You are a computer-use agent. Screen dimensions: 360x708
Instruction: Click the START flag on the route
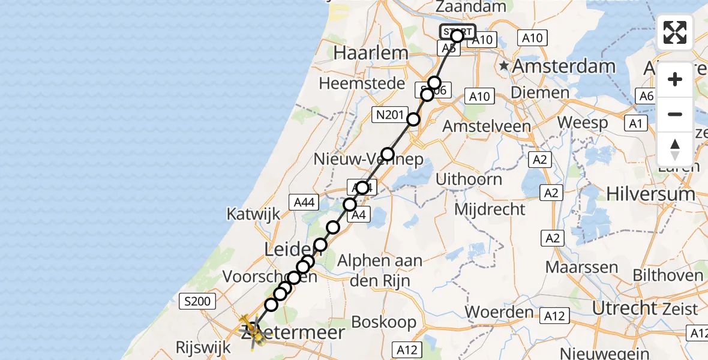coord(458,32)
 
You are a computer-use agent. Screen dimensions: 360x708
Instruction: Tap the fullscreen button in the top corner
coord(675,32)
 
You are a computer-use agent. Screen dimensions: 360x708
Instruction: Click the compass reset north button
coord(675,149)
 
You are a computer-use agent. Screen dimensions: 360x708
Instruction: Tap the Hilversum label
coord(650,194)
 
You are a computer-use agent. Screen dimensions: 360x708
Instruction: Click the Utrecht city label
coord(624,308)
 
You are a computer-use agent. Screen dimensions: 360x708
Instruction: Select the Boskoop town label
coord(383,322)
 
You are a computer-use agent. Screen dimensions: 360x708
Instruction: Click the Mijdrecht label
coord(490,209)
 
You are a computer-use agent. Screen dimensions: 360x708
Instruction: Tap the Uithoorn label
coord(469,179)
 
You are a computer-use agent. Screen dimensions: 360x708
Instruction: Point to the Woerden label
coord(491,312)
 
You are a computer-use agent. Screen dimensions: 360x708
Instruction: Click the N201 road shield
coord(388,115)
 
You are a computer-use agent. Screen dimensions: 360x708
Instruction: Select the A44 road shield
coord(304,203)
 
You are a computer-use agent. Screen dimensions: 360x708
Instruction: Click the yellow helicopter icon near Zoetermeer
coord(252,330)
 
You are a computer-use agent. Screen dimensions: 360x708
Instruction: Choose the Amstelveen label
coord(486,127)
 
